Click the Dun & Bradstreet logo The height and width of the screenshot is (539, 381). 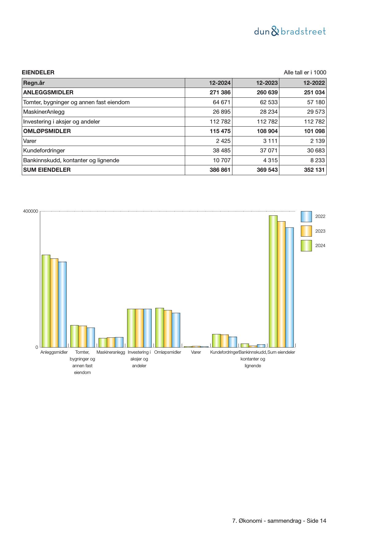[x=290, y=31]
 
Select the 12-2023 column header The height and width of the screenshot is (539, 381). [x=267, y=83]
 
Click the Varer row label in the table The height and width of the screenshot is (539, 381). [x=30, y=141]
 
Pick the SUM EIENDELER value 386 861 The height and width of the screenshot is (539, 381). [x=220, y=170]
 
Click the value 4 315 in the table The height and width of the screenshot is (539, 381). [x=269, y=160]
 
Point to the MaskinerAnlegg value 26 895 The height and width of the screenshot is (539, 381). [x=221, y=112]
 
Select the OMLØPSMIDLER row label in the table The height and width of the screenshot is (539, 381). [x=47, y=131]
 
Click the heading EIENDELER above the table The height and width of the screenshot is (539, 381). [x=38, y=73]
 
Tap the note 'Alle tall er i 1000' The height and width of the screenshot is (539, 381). [x=305, y=73]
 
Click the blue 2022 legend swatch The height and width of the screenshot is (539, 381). [x=306, y=217]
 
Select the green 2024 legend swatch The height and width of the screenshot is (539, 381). [x=306, y=246]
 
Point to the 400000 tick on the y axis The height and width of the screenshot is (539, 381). [x=30, y=211]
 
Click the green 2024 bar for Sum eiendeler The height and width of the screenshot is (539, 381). [x=273, y=281]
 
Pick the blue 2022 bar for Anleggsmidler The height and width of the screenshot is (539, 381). [x=62, y=304]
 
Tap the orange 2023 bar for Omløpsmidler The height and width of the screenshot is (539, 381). [x=168, y=329]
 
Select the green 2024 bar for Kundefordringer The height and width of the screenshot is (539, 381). [x=216, y=340]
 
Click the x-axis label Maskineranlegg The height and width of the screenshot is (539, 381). [x=111, y=352]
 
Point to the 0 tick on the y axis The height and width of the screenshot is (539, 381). [x=37, y=347]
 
